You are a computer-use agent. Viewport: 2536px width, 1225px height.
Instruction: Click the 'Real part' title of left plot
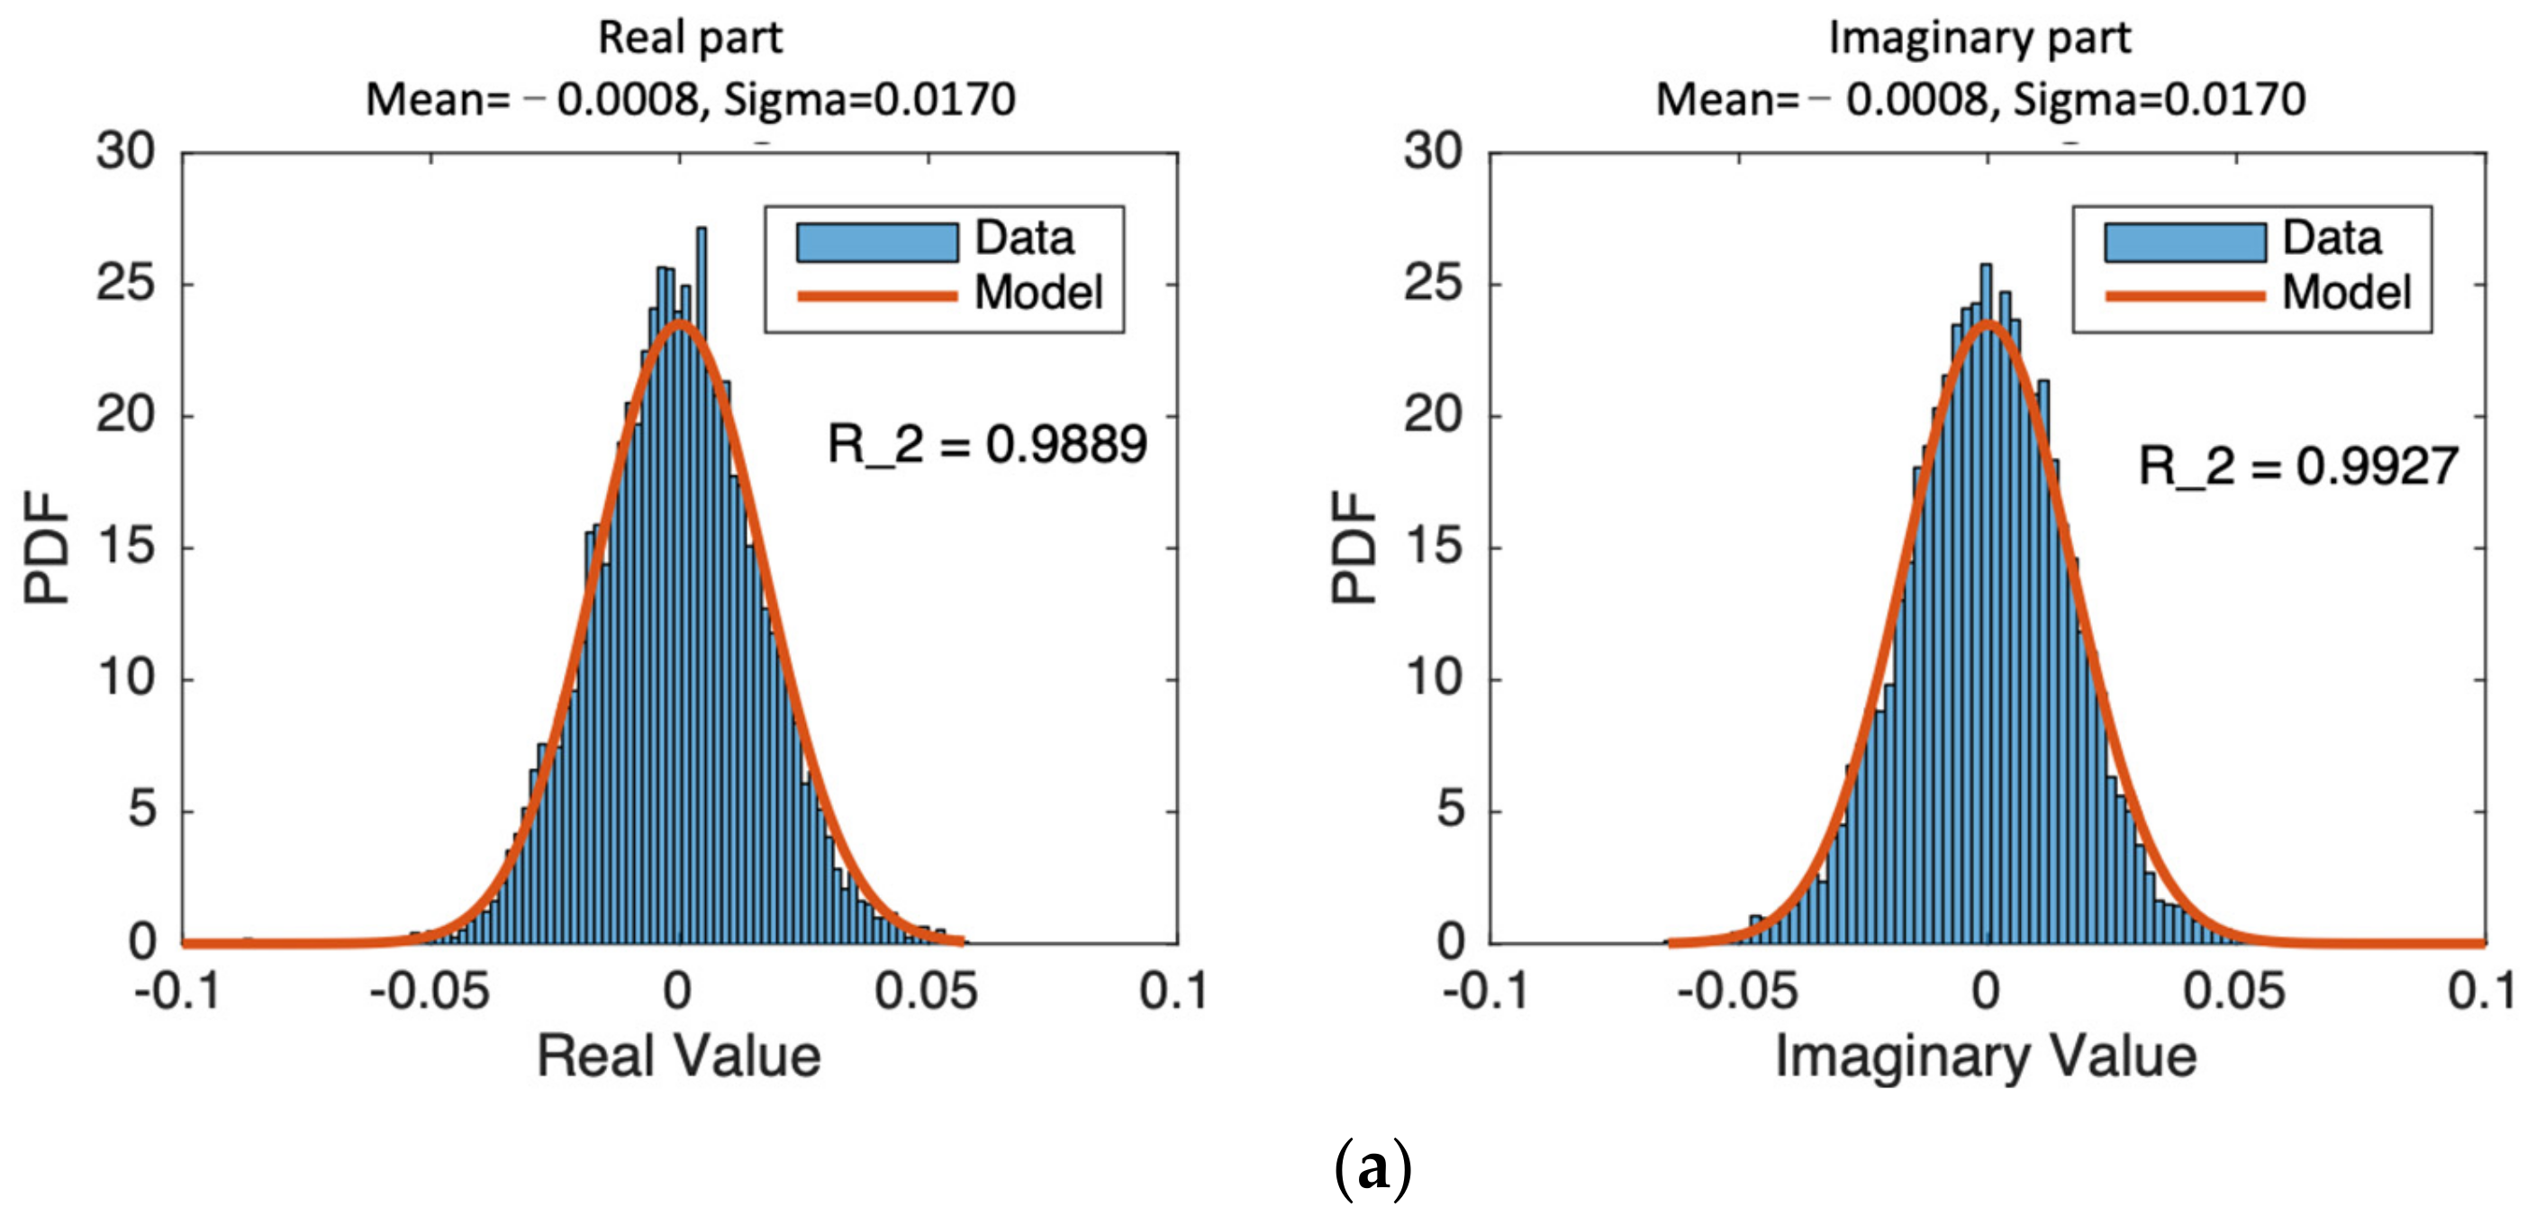point(690,38)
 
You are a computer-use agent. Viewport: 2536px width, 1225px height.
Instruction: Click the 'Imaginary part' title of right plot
point(1979,38)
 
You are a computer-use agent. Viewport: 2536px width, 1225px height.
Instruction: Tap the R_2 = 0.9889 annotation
point(986,444)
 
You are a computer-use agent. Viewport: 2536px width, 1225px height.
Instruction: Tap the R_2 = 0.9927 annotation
point(2297,466)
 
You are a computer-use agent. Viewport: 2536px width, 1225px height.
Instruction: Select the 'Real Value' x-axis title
point(678,1057)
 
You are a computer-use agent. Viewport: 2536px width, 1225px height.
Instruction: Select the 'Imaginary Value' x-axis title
point(1985,1057)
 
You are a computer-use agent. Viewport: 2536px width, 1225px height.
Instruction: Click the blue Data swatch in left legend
point(876,242)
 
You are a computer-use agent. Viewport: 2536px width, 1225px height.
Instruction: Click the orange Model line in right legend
point(2185,295)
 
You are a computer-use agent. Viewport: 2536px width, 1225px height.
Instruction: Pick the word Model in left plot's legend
point(1037,293)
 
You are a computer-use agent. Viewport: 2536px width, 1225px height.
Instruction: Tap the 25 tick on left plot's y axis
point(125,284)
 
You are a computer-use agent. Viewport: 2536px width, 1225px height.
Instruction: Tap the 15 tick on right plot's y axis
point(1434,547)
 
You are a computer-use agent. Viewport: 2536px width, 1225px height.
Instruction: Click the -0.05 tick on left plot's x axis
point(430,991)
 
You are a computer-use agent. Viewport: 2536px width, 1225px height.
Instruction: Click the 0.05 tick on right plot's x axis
point(2233,991)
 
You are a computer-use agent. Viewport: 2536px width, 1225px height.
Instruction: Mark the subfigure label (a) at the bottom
point(1372,1169)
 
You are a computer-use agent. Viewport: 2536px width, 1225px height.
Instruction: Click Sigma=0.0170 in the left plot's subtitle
point(869,99)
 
